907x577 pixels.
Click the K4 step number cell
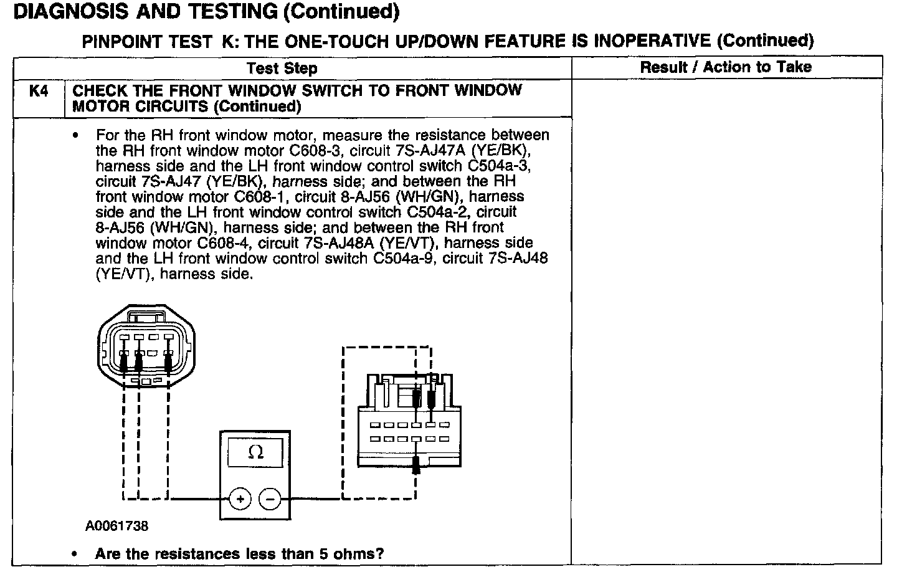click(39, 92)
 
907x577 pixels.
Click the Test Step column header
click(282, 69)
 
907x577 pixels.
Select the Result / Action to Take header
click(726, 67)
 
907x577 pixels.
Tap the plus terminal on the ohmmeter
click(240, 499)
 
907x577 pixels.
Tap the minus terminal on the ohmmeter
click(270, 499)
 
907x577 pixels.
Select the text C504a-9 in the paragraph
click(405, 259)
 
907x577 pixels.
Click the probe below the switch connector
click(417, 464)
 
